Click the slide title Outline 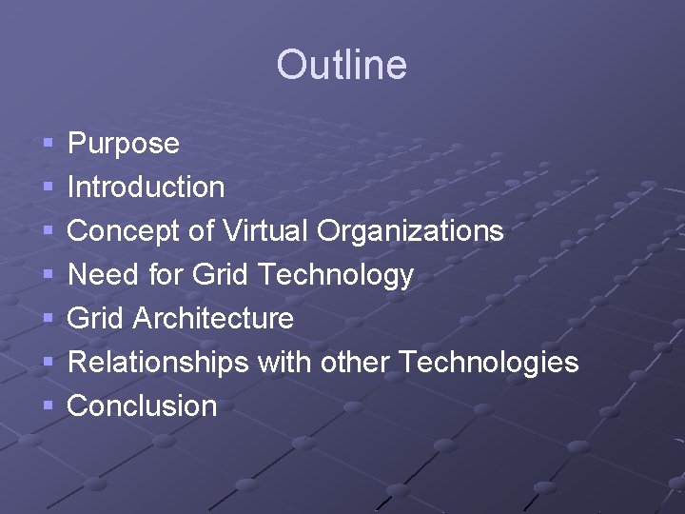342,65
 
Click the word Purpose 124,144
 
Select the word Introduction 147,187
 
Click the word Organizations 410,231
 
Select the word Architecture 213,318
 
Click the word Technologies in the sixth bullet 488,363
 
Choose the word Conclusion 143,406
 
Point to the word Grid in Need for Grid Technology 220,275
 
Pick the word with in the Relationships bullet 284,363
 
